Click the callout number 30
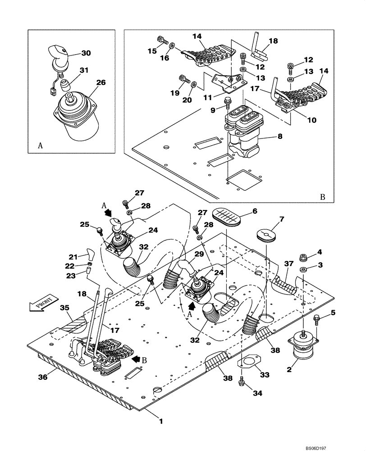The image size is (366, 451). click(x=86, y=53)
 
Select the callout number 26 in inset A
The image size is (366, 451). click(x=101, y=83)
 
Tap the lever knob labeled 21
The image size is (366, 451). click(x=89, y=251)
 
